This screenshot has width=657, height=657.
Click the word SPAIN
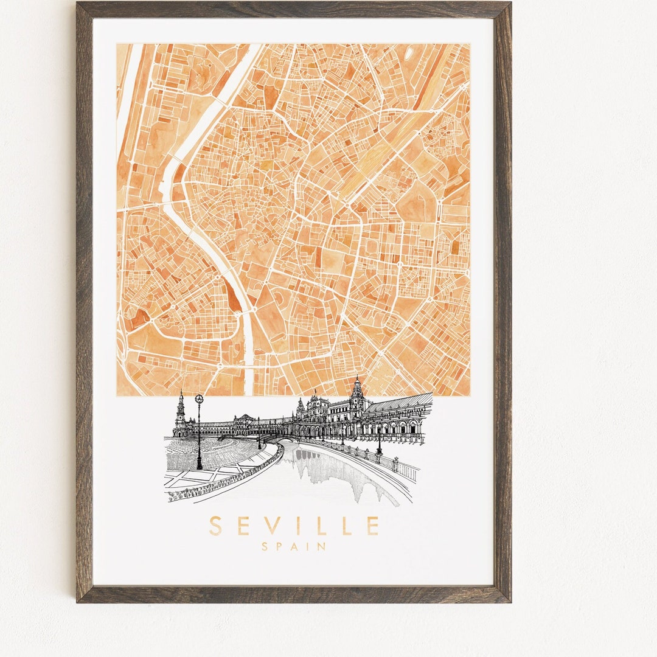click(x=294, y=547)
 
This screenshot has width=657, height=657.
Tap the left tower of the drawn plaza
click(x=180, y=414)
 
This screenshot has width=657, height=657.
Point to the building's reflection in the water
click(x=341, y=471)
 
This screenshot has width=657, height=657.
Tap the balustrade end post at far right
click(x=416, y=471)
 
